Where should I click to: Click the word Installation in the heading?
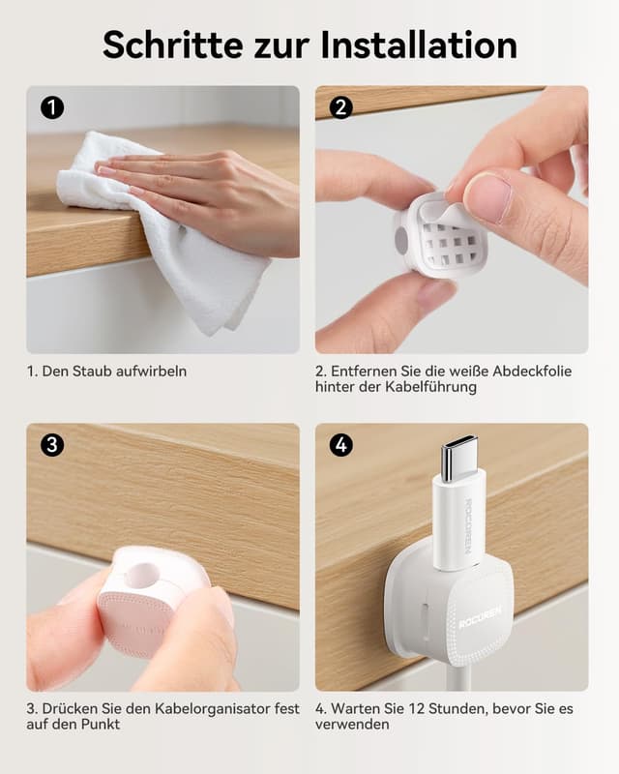(419, 45)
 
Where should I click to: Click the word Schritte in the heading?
(173, 45)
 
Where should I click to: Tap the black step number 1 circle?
(52, 107)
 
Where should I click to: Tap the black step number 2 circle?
(341, 107)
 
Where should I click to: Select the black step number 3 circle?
(52, 445)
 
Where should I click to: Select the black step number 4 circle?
(341, 445)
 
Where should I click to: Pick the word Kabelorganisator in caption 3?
(212, 709)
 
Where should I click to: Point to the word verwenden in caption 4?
(352, 725)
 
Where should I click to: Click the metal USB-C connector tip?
(459, 458)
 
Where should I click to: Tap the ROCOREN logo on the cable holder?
(480, 618)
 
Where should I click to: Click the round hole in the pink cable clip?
(141, 575)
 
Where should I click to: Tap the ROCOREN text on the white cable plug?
(468, 525)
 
